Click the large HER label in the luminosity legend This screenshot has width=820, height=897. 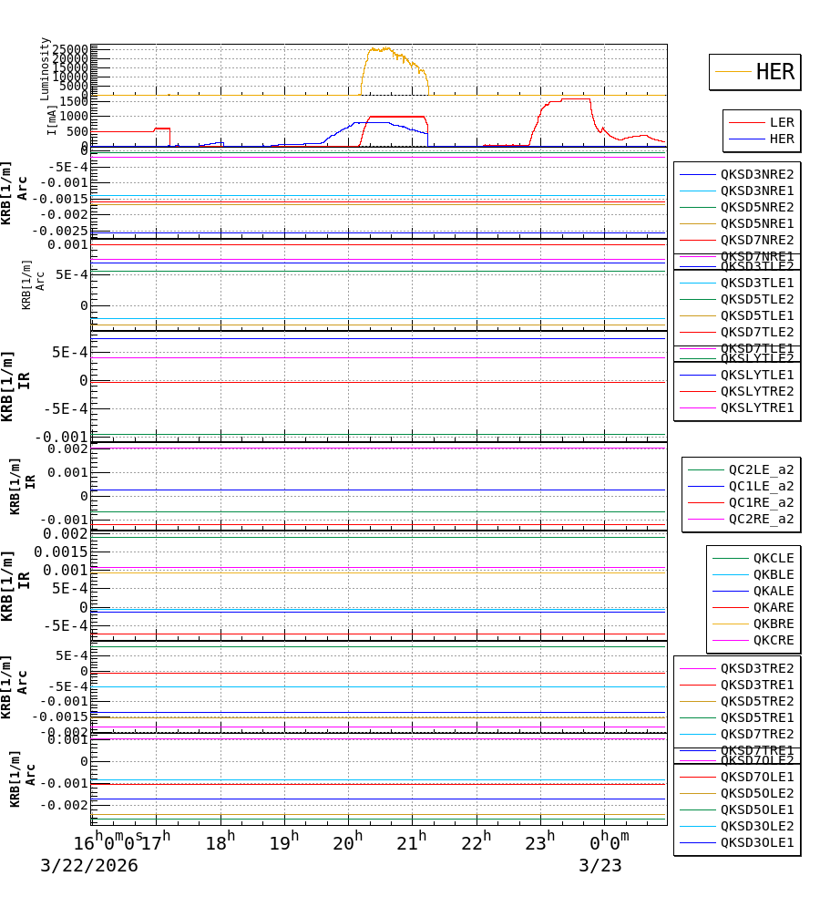(x=775, y=72)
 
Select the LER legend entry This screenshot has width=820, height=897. (x=782, y=122)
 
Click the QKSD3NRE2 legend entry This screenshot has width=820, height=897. (x=757, y=174)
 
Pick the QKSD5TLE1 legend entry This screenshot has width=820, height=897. (x=757, y=315)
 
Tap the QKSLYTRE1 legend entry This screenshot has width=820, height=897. (x=757, y=407)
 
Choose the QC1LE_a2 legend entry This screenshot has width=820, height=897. (x=761, y=486)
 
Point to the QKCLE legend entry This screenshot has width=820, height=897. (x=773, y=558)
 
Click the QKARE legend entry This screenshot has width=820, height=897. (x=773, y=607)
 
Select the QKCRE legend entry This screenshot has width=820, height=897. (x=773, y=640)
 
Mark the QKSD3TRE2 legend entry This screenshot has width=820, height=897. (x=757, y=668)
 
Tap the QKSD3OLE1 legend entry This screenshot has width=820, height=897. (x=757, y=842)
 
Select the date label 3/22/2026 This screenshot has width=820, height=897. (x=88, y=866)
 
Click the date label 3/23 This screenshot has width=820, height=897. (x=600, y=866)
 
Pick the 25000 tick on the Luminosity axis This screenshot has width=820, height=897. (x=70, y=49)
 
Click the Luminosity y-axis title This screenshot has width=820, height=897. (x=45, y=68)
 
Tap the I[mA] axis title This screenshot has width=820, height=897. (x=52, y=119)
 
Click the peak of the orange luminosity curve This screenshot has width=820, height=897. (x=380, y=48)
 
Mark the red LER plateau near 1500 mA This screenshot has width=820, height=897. (x=575, y=98)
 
